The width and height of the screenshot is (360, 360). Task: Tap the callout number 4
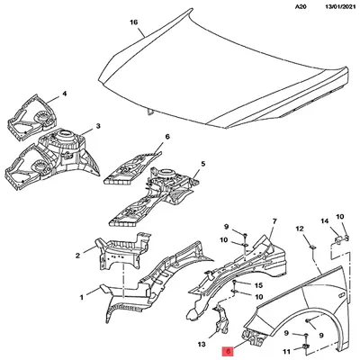tap(64, 94)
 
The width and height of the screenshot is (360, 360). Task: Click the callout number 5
tap(202, 164)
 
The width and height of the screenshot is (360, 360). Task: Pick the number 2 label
tap(77, 256)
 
